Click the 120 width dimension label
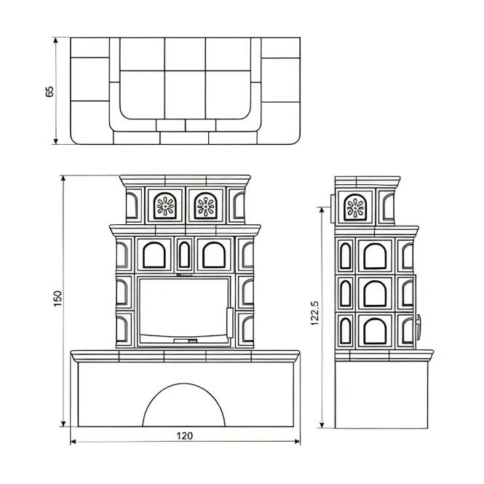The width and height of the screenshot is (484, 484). [x=185, y=435]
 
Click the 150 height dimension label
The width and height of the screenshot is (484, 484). [x=57, y=298]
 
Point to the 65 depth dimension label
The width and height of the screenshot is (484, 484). [x=49, y=92]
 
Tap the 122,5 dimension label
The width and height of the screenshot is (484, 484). [x=314, y=313]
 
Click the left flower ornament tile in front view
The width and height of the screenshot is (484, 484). [x=165, y=205]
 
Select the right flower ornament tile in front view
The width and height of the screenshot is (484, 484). [x=205, y=205]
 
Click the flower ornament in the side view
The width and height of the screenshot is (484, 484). [x=355, y=207]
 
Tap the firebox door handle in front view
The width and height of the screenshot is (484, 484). [x=230, y=322]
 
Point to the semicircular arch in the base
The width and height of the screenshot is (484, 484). [x=184, y=384]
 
